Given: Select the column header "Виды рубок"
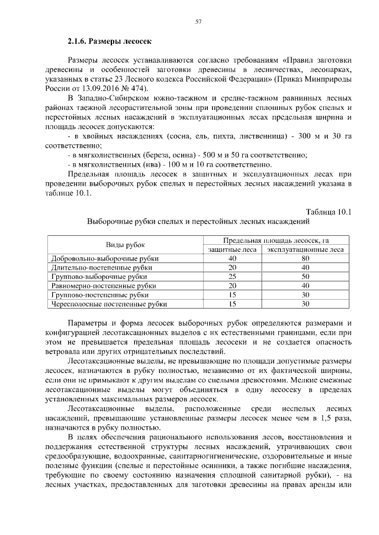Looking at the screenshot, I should [x=125, y=245].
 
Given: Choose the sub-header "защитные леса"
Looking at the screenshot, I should [x=232, y=249].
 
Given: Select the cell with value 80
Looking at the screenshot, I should [x=306, y=258].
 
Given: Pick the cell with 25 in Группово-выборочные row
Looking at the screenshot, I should [x=232, y=276].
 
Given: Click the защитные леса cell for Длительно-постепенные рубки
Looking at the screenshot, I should [x=232, y=267].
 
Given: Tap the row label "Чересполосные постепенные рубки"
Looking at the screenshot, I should [x=110, y=304].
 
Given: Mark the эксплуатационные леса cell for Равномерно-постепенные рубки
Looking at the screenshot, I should [x=306, y=286].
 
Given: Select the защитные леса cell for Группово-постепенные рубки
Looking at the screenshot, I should [x=232, y=294].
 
